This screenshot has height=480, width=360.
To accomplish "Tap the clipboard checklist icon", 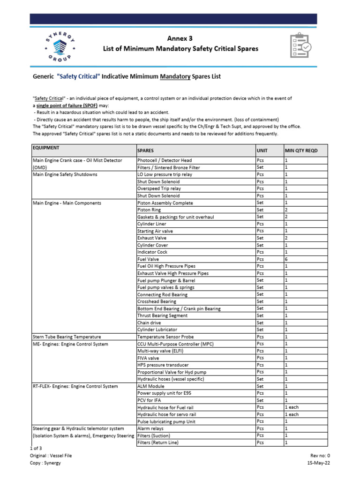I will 300,45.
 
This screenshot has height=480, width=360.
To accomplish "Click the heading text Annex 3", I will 180,38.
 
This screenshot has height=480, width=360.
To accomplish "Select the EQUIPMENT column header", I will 46,148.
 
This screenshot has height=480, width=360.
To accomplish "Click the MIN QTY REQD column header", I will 300,150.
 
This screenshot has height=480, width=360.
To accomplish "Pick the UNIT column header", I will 262,150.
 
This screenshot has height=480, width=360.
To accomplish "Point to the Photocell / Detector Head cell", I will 164,160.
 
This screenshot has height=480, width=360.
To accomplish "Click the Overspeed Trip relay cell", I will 158,188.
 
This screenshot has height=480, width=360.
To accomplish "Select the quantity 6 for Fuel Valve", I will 286,259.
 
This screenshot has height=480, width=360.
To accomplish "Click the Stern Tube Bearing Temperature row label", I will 66,337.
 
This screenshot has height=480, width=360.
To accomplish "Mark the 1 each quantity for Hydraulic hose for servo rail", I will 292,414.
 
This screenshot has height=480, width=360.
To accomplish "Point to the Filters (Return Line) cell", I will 157,442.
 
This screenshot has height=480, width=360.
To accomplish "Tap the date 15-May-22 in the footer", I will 318,463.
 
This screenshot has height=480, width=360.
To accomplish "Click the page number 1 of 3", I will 36,449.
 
